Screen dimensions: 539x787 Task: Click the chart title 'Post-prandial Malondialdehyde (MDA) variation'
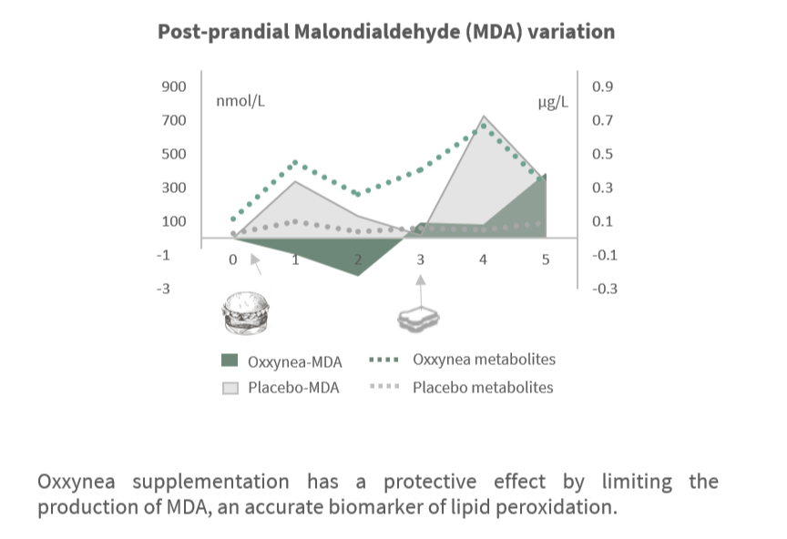pos(386,32)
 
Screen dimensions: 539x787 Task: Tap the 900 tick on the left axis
pos(173,87)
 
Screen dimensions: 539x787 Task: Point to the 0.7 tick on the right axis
pos(603,121)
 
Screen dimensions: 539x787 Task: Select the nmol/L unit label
pos(240,100)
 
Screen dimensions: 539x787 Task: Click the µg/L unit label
pos(553,101)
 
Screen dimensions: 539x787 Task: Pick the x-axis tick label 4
pos(483,259)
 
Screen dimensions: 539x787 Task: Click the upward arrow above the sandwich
pos(420,286)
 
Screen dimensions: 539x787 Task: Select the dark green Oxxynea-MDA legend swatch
pos(230,360)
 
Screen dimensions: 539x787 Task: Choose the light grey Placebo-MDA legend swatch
pos(230,388)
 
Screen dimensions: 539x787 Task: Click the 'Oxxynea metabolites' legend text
pos(484,359)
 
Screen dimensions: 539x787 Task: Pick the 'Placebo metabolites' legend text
pos(483,387)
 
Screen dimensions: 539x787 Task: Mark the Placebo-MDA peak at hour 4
pos(483,117)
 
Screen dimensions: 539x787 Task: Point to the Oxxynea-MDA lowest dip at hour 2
pos(358,274)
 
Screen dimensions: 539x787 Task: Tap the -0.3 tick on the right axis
pos(604,290)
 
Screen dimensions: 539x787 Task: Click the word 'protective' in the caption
pos(434,482)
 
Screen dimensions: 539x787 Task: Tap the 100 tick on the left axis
pos(173,222)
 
